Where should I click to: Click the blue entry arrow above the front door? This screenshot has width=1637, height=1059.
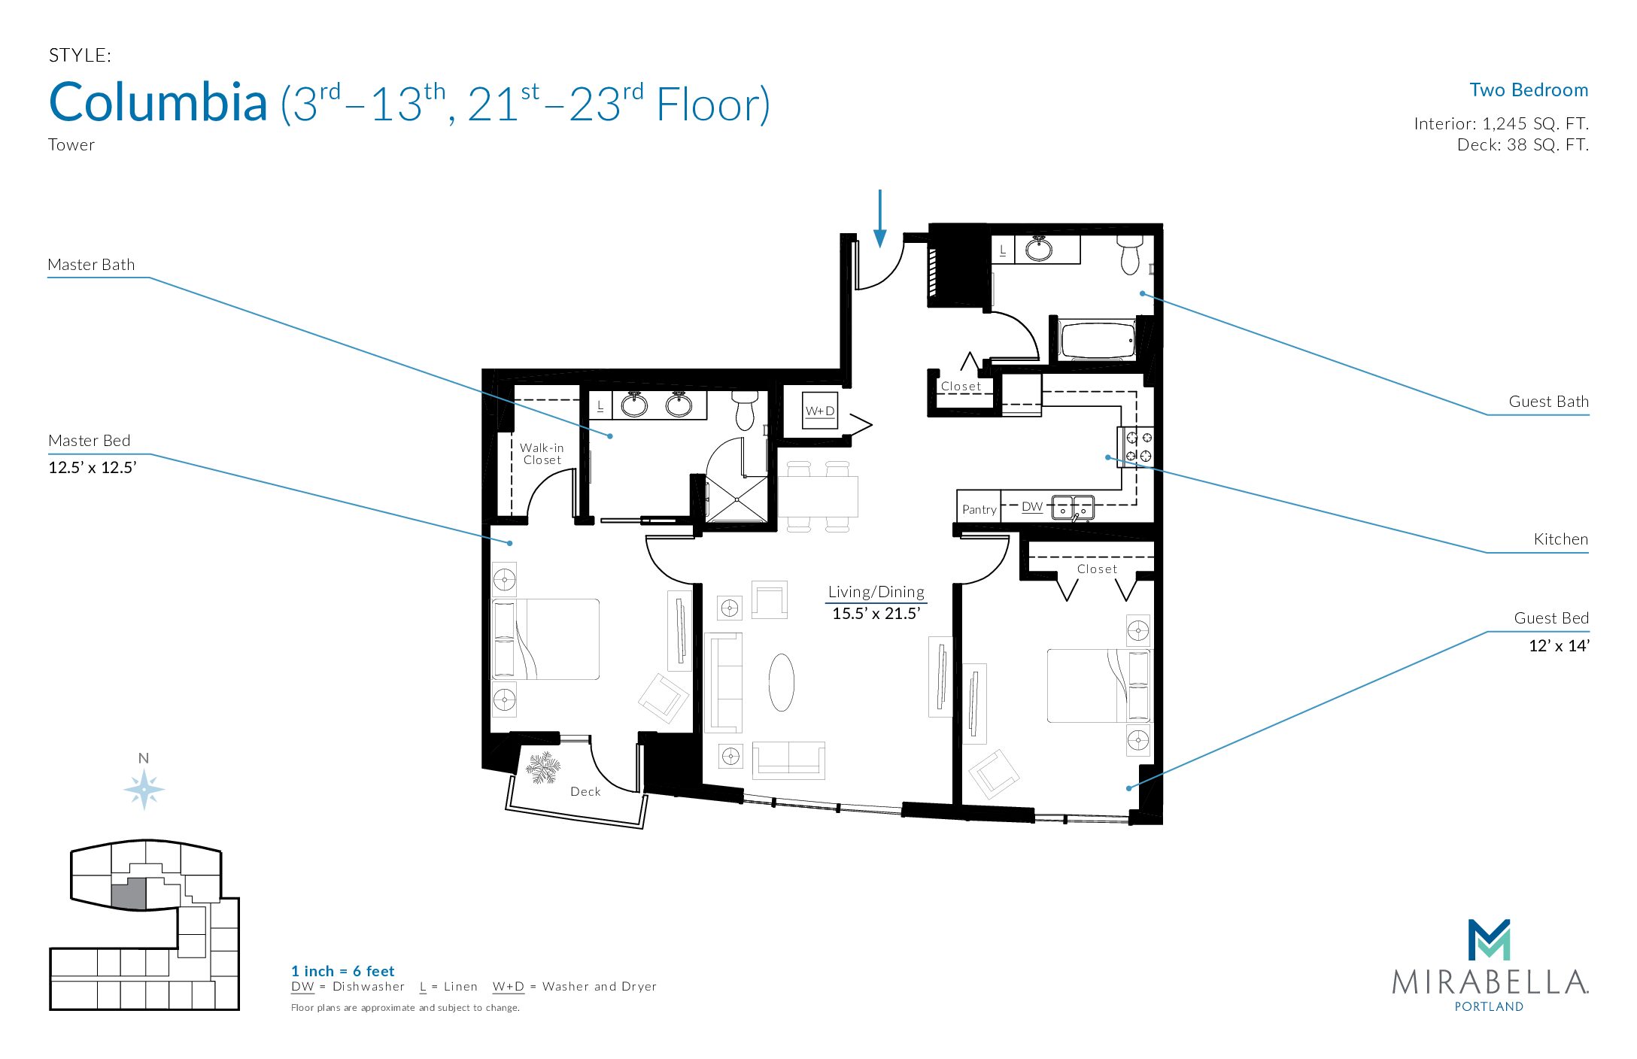pyautogui.click(x=879, y=218)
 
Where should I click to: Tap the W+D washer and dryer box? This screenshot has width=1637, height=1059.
pyautogui.click(x=820, y=411)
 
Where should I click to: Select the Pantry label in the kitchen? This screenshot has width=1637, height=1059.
pyautogui.click(x=979, y=509)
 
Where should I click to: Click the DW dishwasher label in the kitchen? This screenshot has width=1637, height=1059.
pyautogui.click(x=1032, y=507)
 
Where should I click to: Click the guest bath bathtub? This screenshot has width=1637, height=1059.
pyautogui.click(x=1097, y=341)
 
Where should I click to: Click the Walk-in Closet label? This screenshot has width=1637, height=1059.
pyautogui.click(x=542, y=454)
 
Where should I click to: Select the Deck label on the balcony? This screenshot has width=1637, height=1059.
pyautogui.click(x=585, y=791)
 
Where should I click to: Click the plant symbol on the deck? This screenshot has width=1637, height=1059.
pyautogui.click(x=542, y=768)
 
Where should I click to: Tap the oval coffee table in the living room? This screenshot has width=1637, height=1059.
pyautogui.click(x=782, y=682)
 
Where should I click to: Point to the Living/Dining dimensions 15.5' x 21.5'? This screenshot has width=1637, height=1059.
pyautogui.click(x=876, y=613)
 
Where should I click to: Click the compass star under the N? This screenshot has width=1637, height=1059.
pyautogui.click(x=144, y=789)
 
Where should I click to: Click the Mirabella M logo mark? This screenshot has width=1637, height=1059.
pyautogui.click(x=1489, y=939)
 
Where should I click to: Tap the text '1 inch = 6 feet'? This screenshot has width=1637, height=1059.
pyautogui.click(x=342, y=971)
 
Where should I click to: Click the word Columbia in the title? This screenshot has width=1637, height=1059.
pyautogui.click(x=158, y=102)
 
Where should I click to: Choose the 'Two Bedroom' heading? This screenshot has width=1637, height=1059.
pyautogui.click(x=1529, y=90)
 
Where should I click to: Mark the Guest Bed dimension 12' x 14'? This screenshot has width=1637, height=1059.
pyautogui.click(x=1558, y=645)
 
